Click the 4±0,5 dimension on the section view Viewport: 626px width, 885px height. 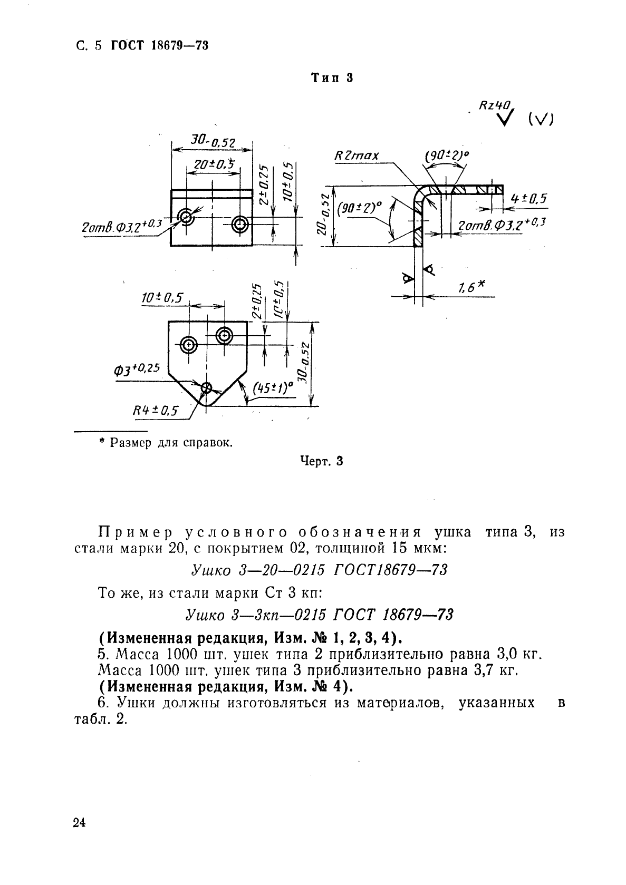(x=528, y=198)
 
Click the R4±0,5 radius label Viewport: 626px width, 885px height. (x=156, y=410)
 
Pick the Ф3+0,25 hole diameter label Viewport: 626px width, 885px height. (x=137, y=368)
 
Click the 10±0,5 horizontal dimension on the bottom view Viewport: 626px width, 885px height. (x=161, y=298)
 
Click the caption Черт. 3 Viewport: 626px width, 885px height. (x=322, y=461)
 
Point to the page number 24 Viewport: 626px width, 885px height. (x=80, y=823)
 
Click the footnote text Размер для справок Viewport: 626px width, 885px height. (x=171, y=442)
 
